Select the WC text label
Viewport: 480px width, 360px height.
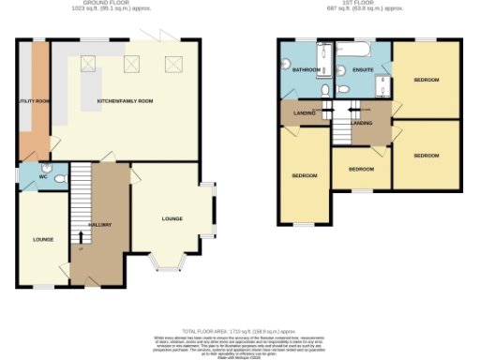[x=42, y=175]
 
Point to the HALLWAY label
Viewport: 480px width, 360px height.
[x=100, y=226]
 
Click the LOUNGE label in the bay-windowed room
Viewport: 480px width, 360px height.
[x=172, y=218]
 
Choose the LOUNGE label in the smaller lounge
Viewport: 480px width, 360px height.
[x=42, y=240]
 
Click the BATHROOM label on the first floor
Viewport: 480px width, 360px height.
[x=306, y=70]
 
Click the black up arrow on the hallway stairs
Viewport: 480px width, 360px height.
[x=80, y=246]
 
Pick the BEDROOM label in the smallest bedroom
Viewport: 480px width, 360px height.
[x=360, y=170]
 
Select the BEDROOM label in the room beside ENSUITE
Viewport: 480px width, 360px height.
[x=426, y=80]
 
